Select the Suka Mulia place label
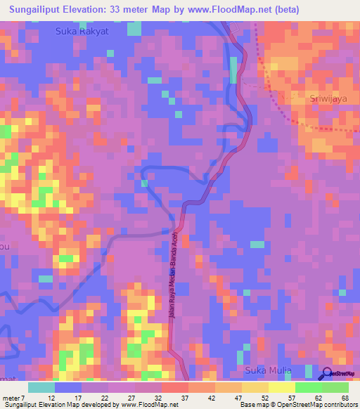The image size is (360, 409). pos(267,370)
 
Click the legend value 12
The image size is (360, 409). pos(52,398)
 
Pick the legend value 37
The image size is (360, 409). pos(186,398)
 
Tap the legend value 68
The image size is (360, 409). pos(345,398)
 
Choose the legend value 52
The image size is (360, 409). pos(265,398)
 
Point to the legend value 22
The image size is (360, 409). pos(105,398)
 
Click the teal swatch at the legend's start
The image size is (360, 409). pos(41,387)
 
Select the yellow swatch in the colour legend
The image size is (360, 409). pos(281,387)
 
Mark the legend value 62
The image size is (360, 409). pos(319,398)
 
